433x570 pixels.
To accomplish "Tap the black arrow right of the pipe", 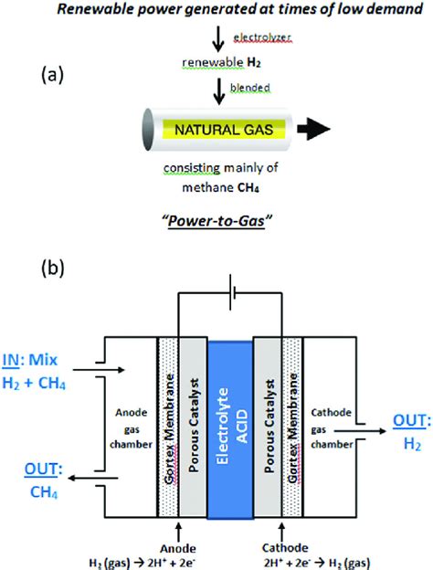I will pos(326,130).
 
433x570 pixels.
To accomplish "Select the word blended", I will pos(248,87).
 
